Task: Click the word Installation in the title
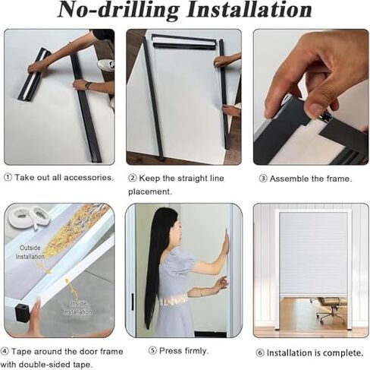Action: coord(249,10)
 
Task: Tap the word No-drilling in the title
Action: coord(118,11)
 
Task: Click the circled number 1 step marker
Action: coord(8,178)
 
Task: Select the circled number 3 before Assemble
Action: coord(263,179)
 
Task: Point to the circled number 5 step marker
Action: coord(152,351)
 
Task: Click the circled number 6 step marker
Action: coord(259,353)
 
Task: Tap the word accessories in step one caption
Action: coord(88,178)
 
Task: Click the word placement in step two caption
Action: coord(149,191)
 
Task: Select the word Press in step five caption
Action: coord(171,351)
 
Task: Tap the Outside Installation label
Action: coord(30,252)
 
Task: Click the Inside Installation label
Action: coord(77,308)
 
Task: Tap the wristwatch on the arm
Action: coord(88,86)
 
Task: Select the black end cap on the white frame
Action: coord(23,313)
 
